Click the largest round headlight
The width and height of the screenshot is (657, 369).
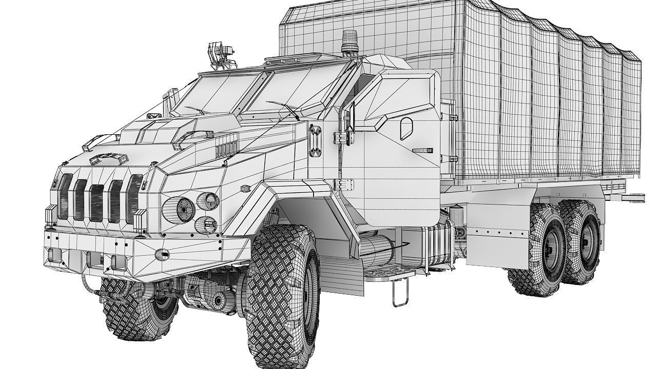coord(185,208)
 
